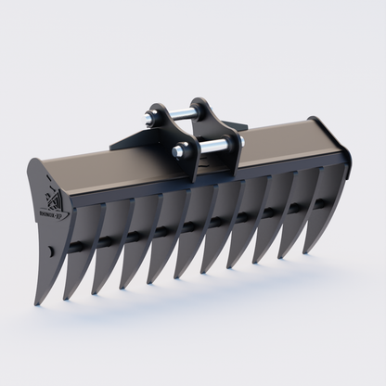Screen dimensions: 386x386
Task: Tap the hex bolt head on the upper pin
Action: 149,118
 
